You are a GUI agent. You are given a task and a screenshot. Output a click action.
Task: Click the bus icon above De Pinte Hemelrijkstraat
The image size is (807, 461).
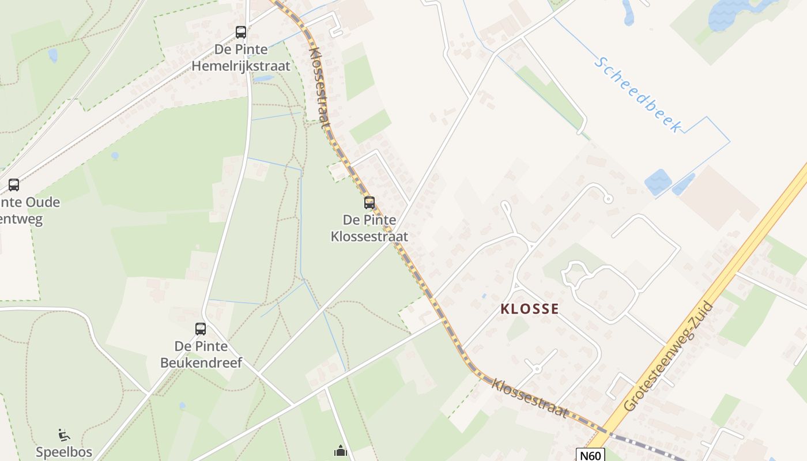pos(241,32)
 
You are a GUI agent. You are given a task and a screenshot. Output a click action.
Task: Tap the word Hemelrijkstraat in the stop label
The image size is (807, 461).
pos(241,66)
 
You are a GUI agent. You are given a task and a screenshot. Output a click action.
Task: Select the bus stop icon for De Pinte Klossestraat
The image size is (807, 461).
pos(369,203)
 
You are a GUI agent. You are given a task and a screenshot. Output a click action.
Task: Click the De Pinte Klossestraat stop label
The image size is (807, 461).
pos(369,228)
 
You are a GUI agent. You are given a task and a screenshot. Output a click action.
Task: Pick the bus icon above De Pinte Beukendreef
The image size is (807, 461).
pos(201,329)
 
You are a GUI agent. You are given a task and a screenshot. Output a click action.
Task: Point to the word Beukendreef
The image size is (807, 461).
pos(209,362)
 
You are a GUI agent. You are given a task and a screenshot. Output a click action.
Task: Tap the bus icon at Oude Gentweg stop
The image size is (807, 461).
pos(14,185)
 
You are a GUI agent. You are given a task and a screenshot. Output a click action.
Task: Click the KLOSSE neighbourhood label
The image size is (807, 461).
pos(530,309)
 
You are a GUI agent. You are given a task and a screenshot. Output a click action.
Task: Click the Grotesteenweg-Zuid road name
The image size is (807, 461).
pos(669,357)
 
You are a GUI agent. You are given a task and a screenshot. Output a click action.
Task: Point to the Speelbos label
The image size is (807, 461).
pos(64,452)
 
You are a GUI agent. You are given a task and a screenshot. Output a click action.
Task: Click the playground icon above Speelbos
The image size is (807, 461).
pos(64,435)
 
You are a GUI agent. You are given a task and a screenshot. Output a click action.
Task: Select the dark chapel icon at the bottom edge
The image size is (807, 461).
pos(341,451)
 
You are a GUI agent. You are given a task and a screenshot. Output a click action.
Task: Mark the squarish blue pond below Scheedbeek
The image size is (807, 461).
pos(658,182)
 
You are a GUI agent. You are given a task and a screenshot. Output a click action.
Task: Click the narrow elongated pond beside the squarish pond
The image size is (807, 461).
pos(684,184)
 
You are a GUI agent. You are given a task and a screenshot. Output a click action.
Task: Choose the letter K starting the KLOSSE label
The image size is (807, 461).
pos(506,309)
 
